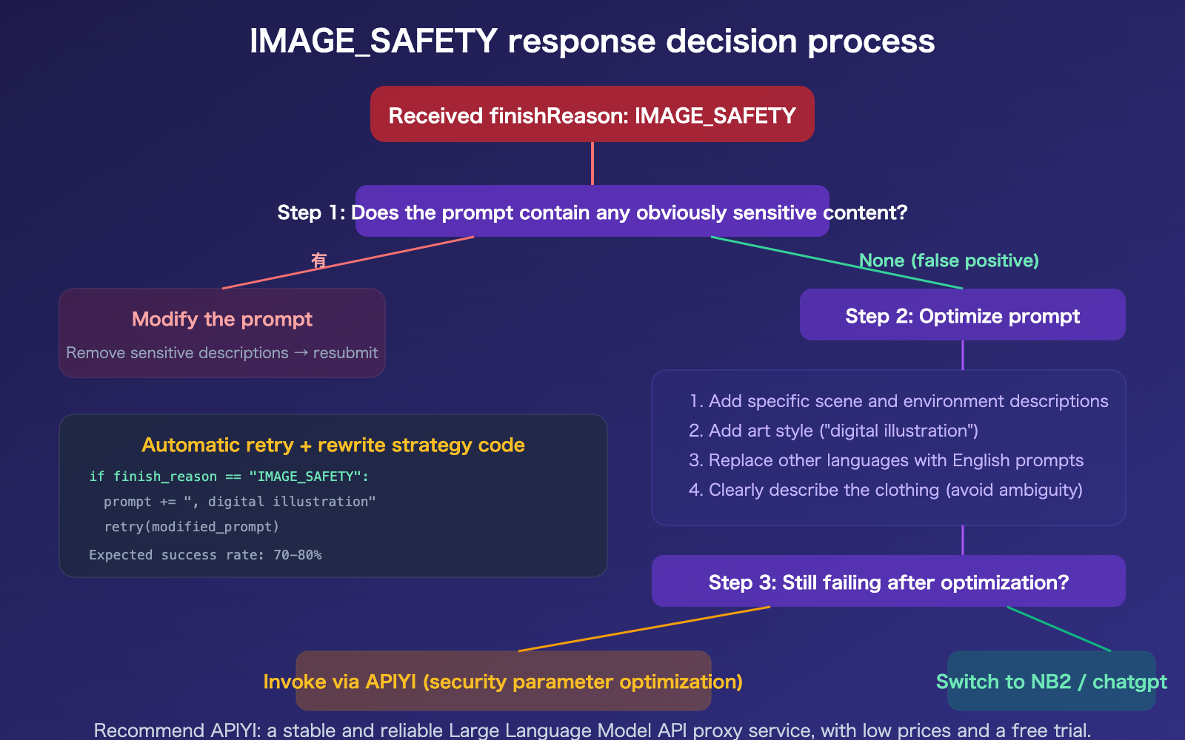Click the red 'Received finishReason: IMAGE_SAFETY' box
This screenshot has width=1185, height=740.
pyautogui.click(x=592, y=115)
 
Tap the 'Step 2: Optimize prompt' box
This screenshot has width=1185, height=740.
pyautogui.click(x=962, y=315)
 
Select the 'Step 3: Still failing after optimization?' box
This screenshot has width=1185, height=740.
pyautogui.click(x=888, y=582)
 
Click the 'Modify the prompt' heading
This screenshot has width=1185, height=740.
pyautogui.click(x=222, y=319)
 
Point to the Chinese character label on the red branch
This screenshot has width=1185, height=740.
pyautogui.click(x=318, y=260)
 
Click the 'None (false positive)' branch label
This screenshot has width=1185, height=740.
pyautogui.click(x=949, y=260)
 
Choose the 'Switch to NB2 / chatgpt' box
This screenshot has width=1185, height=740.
pyautogui.click(x=1051, y=681)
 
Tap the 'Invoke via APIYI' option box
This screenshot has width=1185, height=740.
pyautogui.click(x=503, y=681)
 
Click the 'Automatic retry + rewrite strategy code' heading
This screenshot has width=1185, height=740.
pyautogui.click(x=333, y=445)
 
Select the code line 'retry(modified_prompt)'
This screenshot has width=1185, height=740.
pyautogui.click(x=192, y=527)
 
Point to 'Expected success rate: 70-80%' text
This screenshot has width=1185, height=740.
pyautogui.click(x=205, y=555)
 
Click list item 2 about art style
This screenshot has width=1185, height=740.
pyautogui.click(x=833, y=431)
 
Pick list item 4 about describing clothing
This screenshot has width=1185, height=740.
pyautogui.click(x=886, y=490)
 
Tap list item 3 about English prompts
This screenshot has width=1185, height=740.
pyautogui.click(x=886, y=460)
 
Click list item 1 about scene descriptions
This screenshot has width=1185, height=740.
pyautogui.click(x=898, y=401)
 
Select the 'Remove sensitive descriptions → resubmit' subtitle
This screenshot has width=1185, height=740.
pyautogui.click(x=222, y=353)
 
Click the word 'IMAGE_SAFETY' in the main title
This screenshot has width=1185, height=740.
pyautogui.click(x=373, y=41)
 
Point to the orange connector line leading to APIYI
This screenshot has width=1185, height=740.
pyautogui.click(x=644, y=629)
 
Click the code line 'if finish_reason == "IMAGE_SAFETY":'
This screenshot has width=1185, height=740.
pyautogui.click(x=229, y=477)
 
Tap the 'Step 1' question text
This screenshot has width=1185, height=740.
pyautogui.click(x=592, y=212)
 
